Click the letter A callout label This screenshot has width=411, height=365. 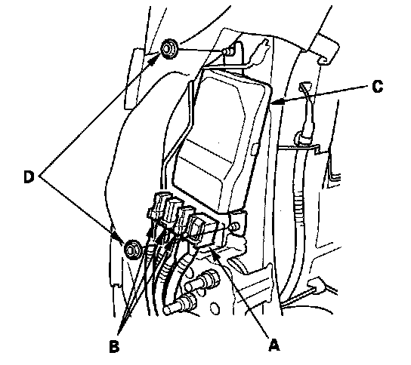click(274, 345)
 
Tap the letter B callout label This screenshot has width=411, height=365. click(114, 346)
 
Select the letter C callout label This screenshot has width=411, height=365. click(378, 87)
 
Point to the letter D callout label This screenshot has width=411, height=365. click(29, 176)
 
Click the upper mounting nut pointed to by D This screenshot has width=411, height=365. click(169, 49)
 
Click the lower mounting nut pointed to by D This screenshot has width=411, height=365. click(132, 250)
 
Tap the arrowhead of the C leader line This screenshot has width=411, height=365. click(278, 102)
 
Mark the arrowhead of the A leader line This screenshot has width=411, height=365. click(215, 253)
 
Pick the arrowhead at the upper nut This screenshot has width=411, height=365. click(154, 59)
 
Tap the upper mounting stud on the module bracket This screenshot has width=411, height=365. click(228, 52)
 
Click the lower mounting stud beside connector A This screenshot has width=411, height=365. click(235, 226)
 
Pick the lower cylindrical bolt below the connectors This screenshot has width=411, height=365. click(181, 303)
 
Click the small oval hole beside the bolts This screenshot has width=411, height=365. click(215, 308)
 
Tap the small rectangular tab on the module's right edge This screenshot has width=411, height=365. click(255, 149)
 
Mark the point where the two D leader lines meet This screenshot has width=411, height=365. click(41, 176)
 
